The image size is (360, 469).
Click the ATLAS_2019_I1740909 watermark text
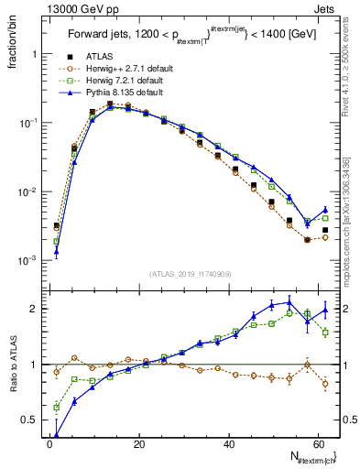point(190,273)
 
